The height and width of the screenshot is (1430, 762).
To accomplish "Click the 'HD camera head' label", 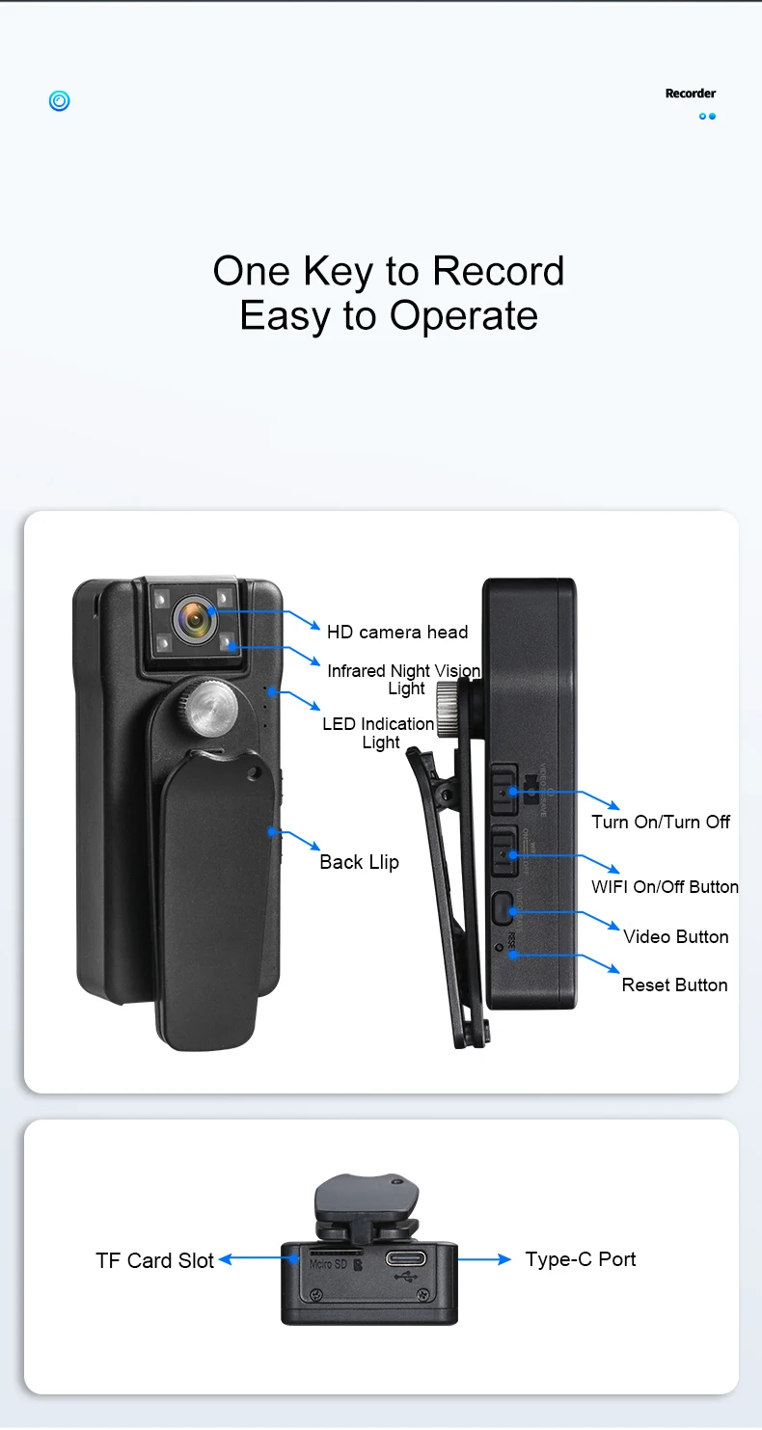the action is point(396,633).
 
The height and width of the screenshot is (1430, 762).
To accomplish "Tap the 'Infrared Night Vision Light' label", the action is point(404,679).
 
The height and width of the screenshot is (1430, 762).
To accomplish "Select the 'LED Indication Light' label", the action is point(379,733).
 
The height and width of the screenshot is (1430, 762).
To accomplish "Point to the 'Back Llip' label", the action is point(359,862).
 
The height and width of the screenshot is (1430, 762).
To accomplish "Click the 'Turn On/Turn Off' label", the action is point(661,822).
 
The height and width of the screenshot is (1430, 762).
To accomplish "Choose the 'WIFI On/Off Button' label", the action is point(665,887).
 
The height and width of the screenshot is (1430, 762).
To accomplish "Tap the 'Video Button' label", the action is point(675,936).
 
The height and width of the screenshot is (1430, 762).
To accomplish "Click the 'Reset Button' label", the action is point(674,985).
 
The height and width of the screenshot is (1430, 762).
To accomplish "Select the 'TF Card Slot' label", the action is point(154,1260).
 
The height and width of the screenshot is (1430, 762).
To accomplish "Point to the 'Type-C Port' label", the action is point(581,1259).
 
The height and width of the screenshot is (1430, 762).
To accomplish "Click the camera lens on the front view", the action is point(195,620).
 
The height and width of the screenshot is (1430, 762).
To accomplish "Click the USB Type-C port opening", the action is point(410,1257).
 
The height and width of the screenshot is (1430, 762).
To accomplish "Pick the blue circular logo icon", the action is point(59,100).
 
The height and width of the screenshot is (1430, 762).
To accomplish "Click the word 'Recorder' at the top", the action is point(691,94).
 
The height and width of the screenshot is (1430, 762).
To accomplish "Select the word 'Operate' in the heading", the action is point(463,316).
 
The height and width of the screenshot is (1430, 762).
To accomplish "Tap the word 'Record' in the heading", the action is point(498,271).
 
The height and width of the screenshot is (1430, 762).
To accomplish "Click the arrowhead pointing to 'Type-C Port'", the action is point(504,1259).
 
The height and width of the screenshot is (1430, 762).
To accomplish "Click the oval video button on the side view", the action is point(502,908).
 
